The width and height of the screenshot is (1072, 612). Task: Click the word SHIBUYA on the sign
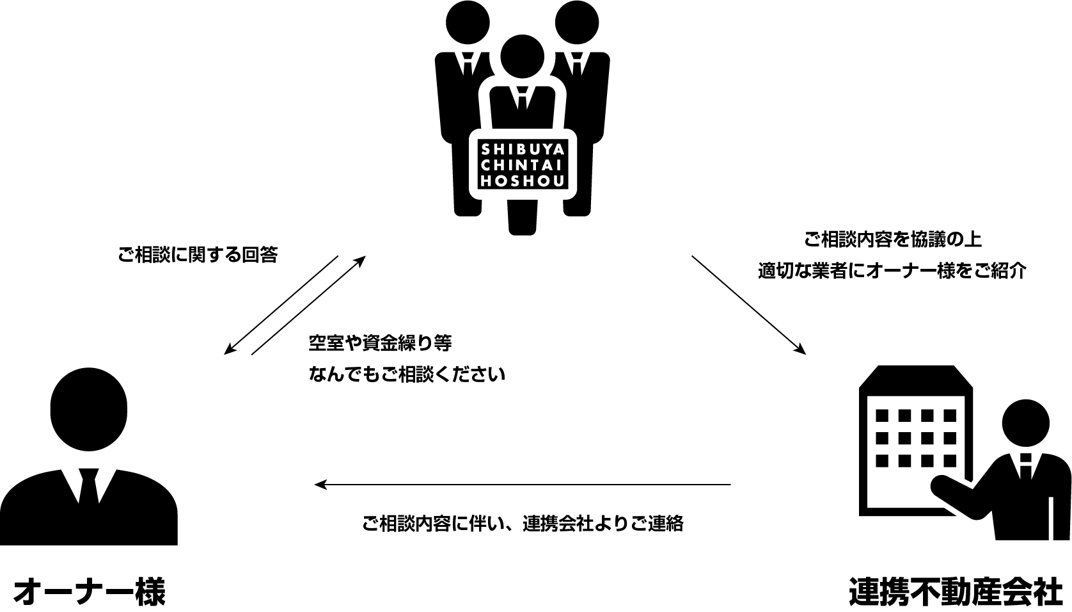click(523, 150)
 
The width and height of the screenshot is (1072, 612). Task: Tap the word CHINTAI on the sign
click(523, 165)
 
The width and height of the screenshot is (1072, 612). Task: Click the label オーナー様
click(89, 592)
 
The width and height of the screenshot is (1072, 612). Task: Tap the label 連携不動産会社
click(956, 592)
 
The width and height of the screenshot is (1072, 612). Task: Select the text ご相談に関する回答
click(198, 255)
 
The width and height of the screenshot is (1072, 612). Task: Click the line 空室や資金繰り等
click(380, 343)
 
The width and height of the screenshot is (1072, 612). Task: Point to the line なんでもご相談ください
click(407, 374)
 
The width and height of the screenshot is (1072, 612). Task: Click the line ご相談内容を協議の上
click(892, 240)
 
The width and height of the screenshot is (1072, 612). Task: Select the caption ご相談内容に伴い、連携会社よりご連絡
click(523, 524)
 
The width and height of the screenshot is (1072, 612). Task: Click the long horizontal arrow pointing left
click(523, 485)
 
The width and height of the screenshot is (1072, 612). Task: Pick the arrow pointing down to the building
click(748, 305)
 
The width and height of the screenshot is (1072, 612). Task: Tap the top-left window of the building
click(883, 415)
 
